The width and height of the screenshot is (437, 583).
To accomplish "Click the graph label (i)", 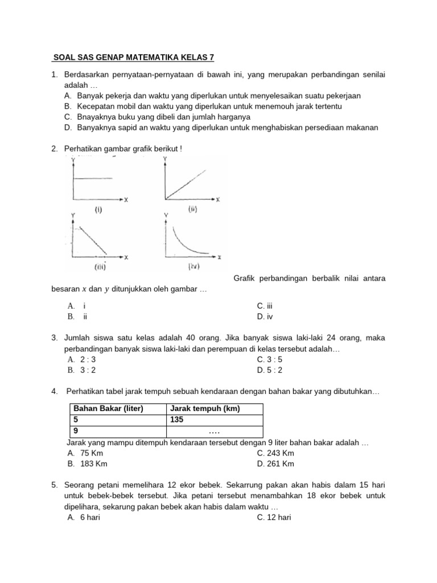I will point(98,210).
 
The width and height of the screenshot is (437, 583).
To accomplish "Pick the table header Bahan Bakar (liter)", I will point(108,409).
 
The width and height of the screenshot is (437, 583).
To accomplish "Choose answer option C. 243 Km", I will point(275,453).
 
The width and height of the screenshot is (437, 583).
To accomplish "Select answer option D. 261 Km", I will point(275,464).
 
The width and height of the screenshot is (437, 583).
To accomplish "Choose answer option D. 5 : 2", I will point(270,370).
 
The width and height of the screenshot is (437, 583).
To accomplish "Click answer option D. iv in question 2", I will point(265,317).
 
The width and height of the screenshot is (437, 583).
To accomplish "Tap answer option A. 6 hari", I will point(83,518).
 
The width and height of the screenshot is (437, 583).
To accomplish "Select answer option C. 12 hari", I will point(274,518).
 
